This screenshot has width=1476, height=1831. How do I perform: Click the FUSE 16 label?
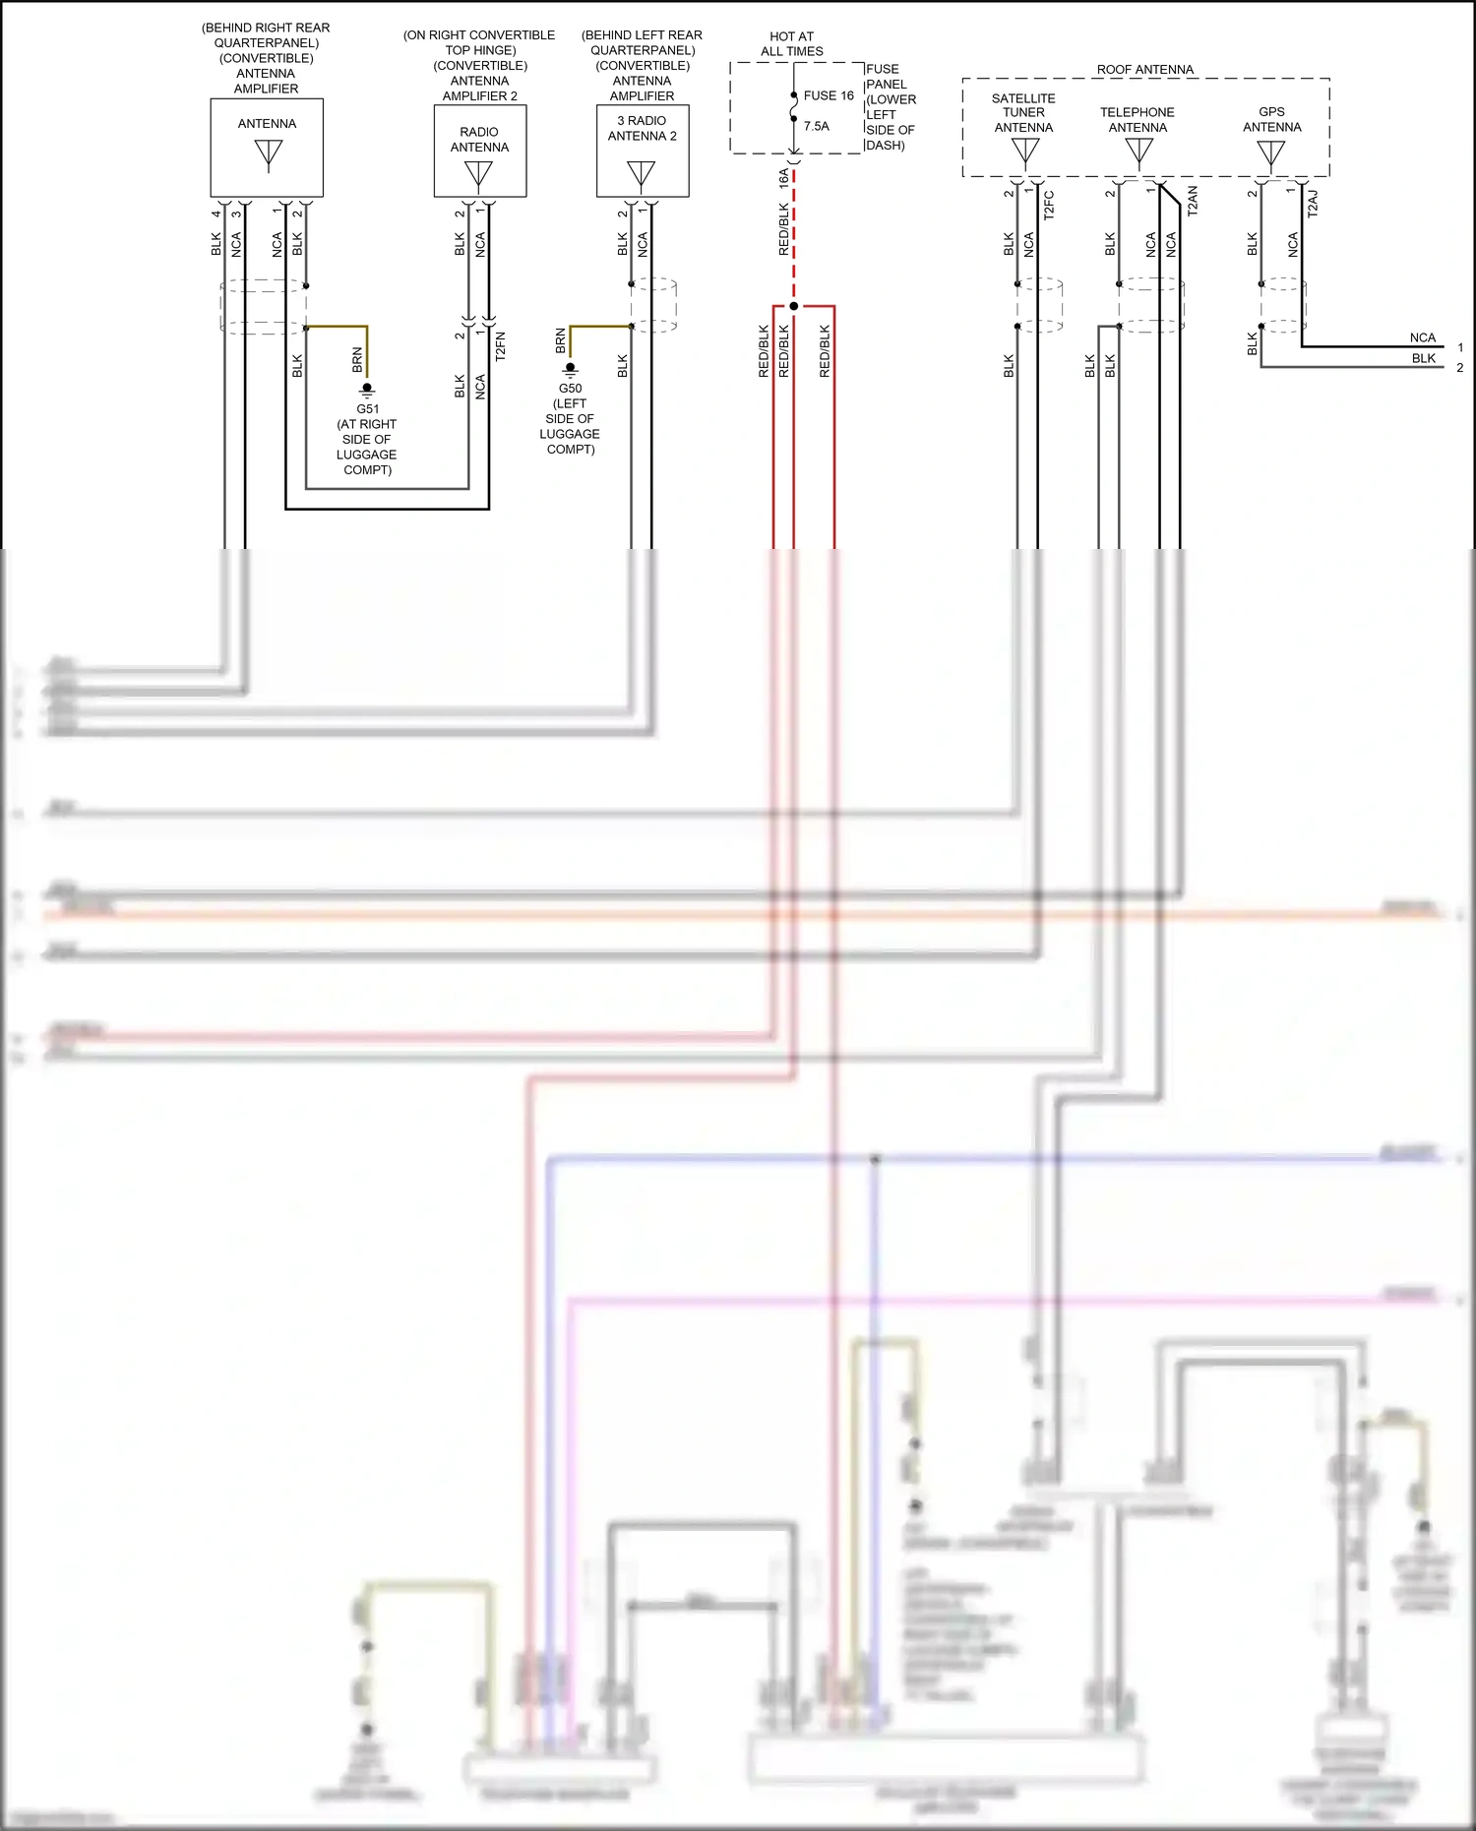point(828,95)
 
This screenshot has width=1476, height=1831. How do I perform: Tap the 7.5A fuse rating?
point(816,126)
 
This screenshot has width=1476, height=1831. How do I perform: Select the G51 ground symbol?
point(367,390)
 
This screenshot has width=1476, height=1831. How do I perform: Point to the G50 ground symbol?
point(570,369)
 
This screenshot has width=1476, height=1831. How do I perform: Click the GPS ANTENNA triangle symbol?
point(1270,153)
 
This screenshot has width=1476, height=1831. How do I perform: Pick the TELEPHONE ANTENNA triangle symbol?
point(1138,151)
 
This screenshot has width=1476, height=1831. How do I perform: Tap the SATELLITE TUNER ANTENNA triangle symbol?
point(1024,151)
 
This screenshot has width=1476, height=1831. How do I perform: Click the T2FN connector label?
point(500,346)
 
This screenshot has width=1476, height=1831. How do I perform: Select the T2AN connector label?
point(1193,201)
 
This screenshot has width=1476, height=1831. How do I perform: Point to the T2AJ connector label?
point(1313,204)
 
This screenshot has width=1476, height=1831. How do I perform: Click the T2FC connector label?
point(1049,205)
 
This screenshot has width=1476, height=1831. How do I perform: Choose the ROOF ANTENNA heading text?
point(1144,70)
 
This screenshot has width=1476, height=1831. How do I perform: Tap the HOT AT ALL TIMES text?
point(792,43)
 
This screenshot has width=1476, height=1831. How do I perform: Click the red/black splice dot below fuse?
point(794,306)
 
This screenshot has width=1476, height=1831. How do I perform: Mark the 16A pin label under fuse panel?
point(784,178)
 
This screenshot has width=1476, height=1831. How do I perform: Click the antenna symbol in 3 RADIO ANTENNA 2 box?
point(641,174)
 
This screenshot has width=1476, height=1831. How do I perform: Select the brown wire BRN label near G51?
point(357,359)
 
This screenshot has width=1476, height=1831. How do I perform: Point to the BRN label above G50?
point(561,340)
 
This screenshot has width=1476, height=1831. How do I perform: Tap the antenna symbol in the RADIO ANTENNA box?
point(478,174)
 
